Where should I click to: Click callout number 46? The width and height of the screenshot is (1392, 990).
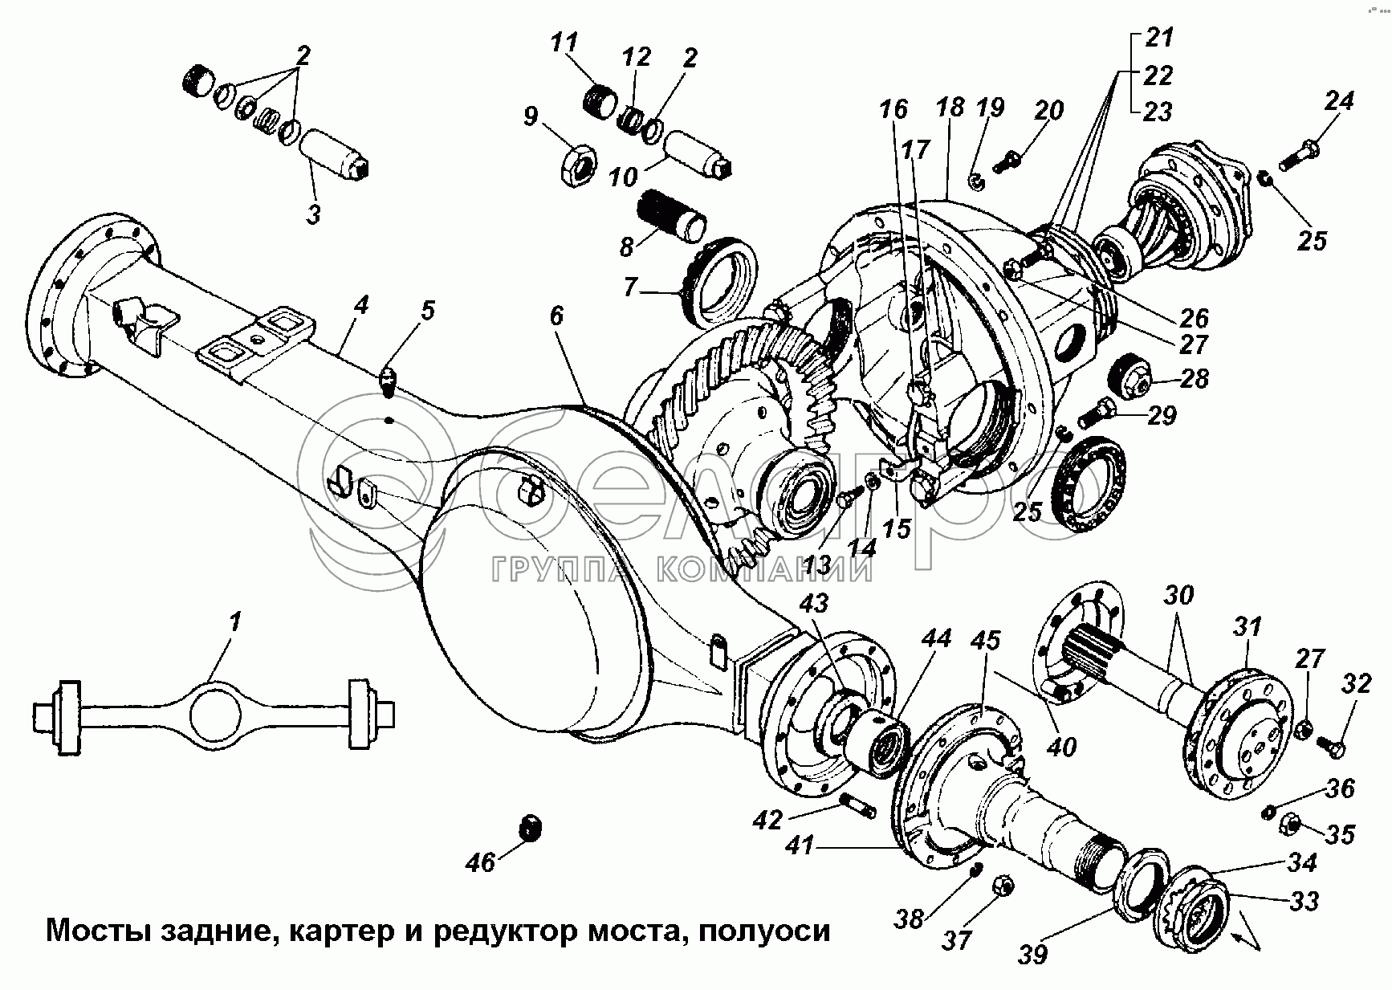482,864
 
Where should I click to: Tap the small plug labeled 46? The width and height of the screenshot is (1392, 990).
530,828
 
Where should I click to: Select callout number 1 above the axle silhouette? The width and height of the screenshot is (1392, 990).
234,623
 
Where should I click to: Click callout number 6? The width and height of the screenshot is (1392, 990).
556,316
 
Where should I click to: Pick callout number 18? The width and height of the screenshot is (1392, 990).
949,108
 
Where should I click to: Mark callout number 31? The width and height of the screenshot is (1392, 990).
1248,627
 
